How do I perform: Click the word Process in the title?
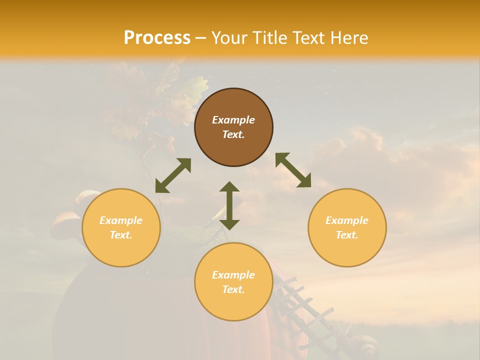click(157, 38)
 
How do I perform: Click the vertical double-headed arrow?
click(229, 205)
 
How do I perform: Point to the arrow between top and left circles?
click(173, 175)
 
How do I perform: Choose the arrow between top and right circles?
click(293, 170)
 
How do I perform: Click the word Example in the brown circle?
click(233, 120)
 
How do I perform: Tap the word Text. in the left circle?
click(121, 235)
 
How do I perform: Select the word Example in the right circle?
click(347, 220)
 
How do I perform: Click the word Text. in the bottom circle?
click(233, 289)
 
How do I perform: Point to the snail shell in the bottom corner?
click(365, 345)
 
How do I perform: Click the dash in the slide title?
click(201, 38)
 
